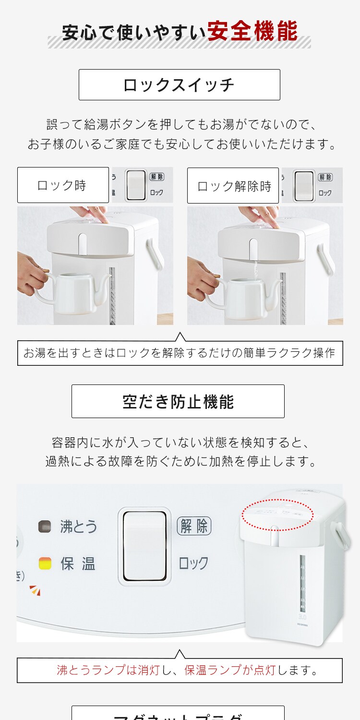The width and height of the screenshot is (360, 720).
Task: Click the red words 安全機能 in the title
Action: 252,32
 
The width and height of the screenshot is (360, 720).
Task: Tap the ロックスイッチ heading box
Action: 179,85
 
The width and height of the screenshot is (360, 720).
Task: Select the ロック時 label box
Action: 63,185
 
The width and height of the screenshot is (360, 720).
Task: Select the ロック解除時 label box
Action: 233,186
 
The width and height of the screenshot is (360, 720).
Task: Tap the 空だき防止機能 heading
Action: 178,401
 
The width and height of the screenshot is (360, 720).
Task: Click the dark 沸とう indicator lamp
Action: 45,527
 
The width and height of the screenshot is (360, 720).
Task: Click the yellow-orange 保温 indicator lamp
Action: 45,563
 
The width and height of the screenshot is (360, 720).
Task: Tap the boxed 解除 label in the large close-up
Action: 194,526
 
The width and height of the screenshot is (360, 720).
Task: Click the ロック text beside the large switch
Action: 193,563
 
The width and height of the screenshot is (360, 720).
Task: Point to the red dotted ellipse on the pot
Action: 277,514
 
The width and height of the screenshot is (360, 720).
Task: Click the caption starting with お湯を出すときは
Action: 180,353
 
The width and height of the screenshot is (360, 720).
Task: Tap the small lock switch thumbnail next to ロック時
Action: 136,185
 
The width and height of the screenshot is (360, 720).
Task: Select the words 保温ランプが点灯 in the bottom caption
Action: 230,670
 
